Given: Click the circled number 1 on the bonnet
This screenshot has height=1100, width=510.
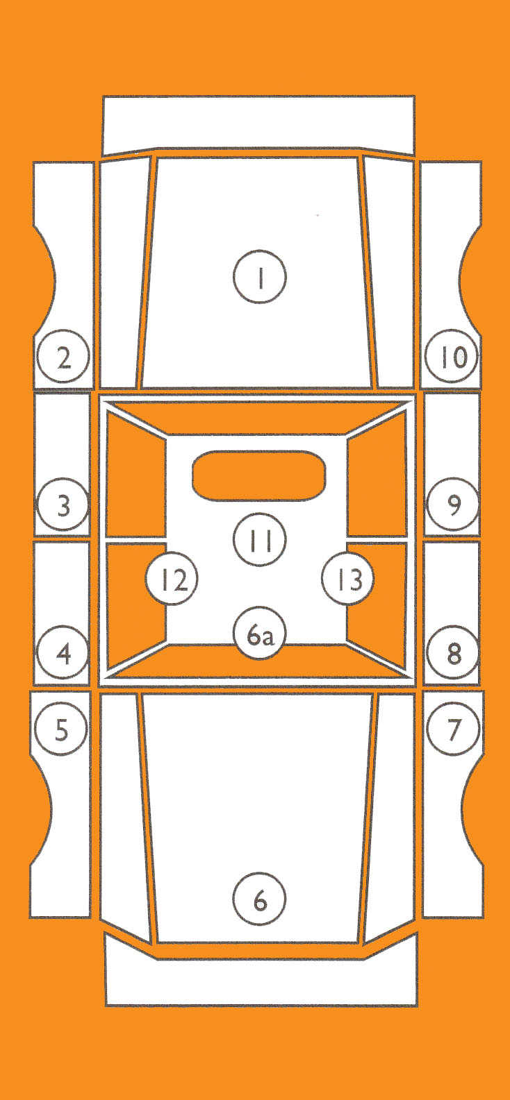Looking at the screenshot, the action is click(260, 278).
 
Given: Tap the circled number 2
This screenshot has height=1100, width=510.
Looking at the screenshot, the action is click(63, 357).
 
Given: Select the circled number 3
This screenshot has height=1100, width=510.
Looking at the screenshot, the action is click(63, 505).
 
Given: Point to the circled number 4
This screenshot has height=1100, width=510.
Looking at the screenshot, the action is click(63, 652).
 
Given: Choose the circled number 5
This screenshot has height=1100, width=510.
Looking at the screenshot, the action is click(61, 729).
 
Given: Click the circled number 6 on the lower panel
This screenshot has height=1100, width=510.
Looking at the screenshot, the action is click(260, 899).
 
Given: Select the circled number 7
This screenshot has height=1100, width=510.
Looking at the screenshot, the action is click(453, 729).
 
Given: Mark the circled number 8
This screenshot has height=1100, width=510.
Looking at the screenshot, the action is click(453, 652).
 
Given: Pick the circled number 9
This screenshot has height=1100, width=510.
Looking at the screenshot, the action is click(453, 505).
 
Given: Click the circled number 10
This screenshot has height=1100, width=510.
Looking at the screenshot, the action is click(452, 357).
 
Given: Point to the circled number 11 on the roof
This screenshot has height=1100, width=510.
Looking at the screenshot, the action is click(260, 540).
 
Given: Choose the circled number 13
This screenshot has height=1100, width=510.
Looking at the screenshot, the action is click(348, 579).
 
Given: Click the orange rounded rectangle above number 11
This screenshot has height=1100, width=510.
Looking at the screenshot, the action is click(258, 475).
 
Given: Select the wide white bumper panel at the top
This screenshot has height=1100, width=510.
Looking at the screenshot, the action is click(258, 124).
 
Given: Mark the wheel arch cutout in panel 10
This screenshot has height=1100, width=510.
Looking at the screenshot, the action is click(471, 281).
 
